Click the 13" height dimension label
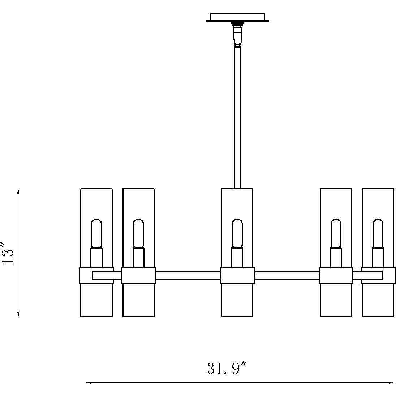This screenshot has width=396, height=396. coord(7,253)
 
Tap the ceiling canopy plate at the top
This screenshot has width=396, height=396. coord(237,17)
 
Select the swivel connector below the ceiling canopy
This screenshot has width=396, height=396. coord(237,34)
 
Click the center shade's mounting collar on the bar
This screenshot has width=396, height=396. coord(237,275)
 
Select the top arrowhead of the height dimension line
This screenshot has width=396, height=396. coord(18,191)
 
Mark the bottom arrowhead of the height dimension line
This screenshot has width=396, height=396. coord(18,314)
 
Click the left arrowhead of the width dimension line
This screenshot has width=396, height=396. coord(88,383)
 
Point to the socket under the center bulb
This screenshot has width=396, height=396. coord(237,258)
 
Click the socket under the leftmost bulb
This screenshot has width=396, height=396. coord(96,258)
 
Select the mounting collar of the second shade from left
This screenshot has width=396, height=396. coord(138,275)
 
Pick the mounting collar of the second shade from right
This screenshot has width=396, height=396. coord(336,275)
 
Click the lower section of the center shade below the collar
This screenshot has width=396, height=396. coord(237,300)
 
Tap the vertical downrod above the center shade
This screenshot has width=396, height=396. coord(237,117)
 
